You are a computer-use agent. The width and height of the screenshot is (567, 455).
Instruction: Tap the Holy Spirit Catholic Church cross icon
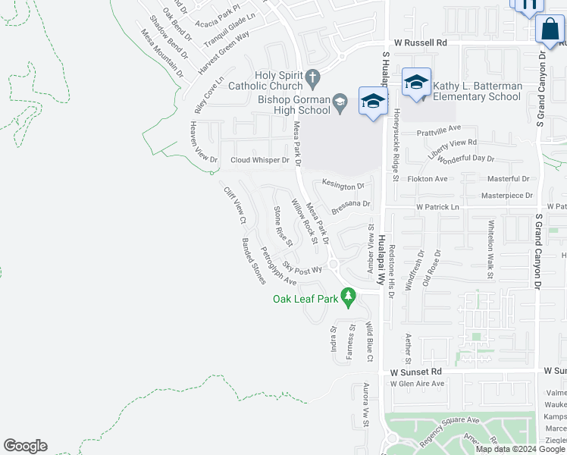tap(312, 77)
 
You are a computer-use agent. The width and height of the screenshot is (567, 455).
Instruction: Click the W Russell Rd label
tap(415, 43)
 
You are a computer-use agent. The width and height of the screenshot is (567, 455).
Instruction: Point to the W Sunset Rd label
tap(415, 372)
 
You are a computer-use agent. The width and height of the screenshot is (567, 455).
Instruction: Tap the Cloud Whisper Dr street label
tap(260, 160)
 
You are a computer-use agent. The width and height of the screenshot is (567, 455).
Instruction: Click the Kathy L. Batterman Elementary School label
tap(478, 92)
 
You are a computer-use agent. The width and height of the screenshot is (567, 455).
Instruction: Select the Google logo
tap(25, 446)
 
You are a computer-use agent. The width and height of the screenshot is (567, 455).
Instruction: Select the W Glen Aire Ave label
tap(417, 384)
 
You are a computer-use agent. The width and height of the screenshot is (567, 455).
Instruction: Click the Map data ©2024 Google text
tap(519, 449)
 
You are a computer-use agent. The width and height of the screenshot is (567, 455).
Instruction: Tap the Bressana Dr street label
tap(350, 204)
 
